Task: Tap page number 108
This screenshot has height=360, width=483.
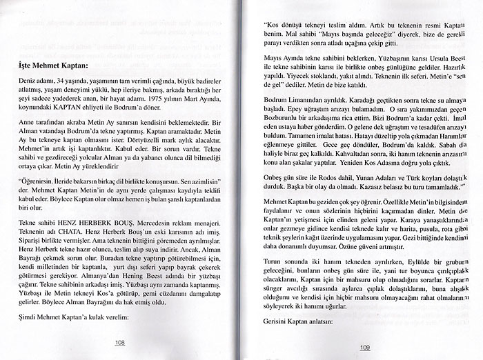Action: (x=120, y=343)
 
